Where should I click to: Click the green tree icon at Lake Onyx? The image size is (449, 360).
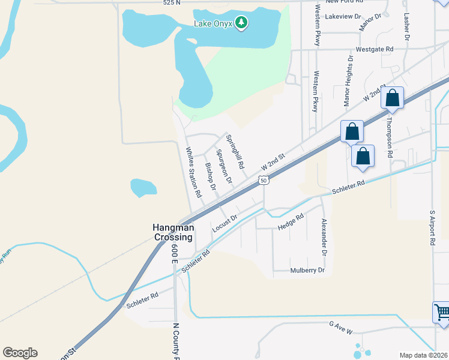click(241, 23)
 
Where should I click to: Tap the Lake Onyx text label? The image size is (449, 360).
click(213, 24)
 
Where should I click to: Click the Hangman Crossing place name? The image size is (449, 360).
click(173, 232)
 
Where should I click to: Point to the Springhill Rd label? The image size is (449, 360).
click(235, 151)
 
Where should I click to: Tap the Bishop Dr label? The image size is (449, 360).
click(210, 176)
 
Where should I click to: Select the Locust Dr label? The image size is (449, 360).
click(225, 224)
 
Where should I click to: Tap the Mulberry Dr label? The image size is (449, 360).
click(307, 271)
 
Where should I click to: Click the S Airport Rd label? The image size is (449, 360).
click(432, 228)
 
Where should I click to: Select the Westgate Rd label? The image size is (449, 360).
click(374, 49)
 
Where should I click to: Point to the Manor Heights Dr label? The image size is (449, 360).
click(348, 81)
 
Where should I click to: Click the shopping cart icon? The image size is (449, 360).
click(442, 311)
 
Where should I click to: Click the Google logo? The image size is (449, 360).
click(20, 353)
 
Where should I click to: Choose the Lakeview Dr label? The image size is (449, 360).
click(343, 17)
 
